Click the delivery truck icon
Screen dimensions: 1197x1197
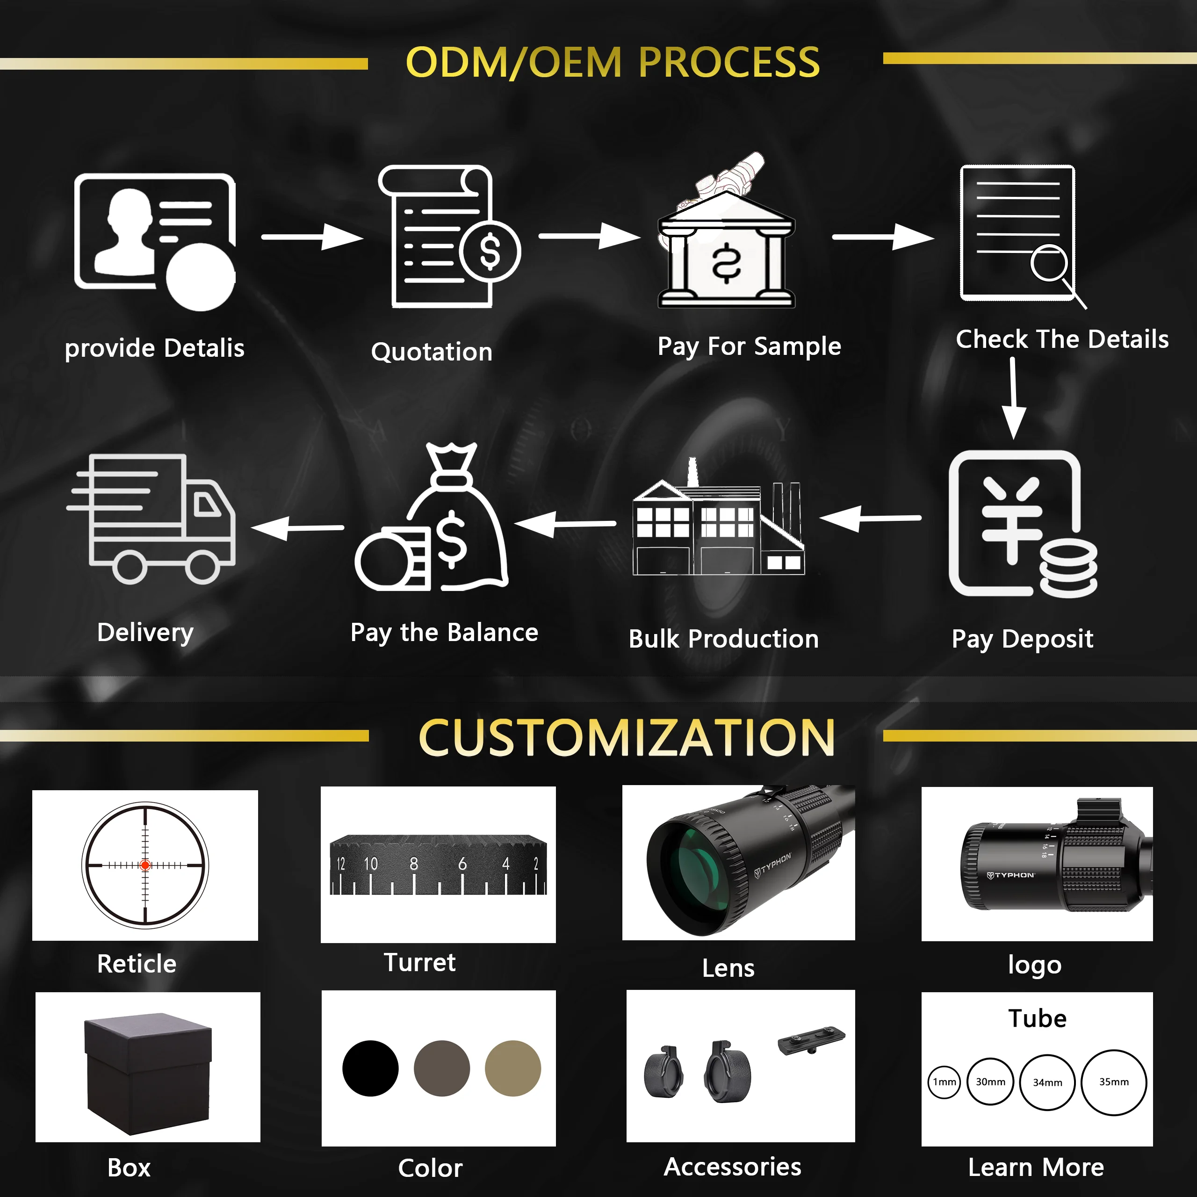[152, 519]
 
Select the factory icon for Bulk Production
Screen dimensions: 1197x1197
[718, 526]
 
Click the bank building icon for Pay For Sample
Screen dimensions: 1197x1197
[726, 251]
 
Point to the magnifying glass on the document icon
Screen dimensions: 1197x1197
[1050, 264]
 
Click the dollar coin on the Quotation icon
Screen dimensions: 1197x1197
[490, 252]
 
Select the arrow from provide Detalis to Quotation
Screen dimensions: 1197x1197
[312, 237]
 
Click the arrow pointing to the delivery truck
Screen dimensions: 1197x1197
[297, 528]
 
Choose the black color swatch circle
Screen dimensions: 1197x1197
[370, 1068]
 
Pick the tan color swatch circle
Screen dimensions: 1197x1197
[513, 1068]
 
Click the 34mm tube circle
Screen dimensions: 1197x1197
[1047, 1082]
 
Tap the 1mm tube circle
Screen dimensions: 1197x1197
[944, 1082]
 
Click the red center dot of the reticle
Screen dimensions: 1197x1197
[145, 865]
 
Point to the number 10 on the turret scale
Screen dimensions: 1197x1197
[370, 864]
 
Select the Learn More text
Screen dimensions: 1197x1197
[1036, 1167]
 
